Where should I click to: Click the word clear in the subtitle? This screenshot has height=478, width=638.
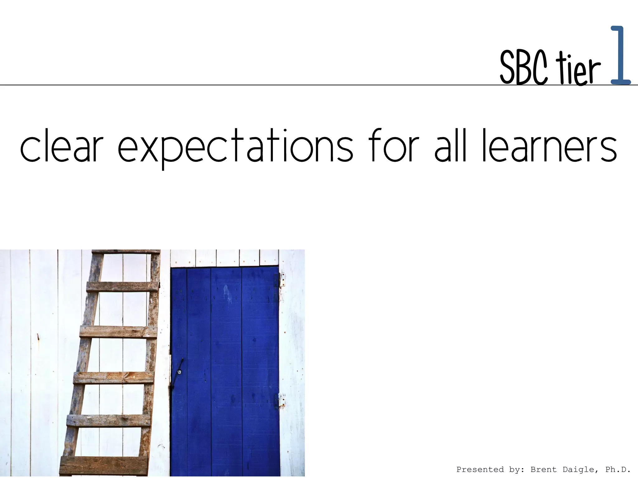point(61,146)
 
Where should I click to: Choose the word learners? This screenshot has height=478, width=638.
point(550,146)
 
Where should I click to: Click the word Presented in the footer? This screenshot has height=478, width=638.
point(480,470)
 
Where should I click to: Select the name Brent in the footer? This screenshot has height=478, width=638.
point(543,470)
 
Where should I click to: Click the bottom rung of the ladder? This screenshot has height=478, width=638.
point(103,465)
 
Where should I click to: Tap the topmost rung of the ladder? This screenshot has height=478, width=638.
point(126,251)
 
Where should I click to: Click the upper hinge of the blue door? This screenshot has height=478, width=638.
point(281,279)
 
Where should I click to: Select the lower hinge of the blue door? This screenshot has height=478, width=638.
point(281,400)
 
